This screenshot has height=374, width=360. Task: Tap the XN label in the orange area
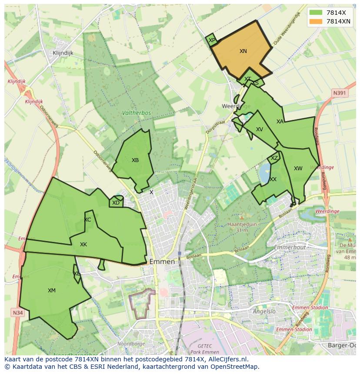pos(243,51)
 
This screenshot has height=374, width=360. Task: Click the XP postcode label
pos(212,40)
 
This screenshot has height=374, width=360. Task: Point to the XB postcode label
pos(135,160)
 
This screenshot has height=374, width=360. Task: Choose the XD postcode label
pos(116,203)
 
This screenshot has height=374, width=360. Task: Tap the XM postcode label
pos(52,291)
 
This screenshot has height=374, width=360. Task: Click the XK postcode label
pos(83,245)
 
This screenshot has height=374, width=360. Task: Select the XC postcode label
pos(87,220)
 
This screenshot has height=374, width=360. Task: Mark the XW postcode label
pos(298,169)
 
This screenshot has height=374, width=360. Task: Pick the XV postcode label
pos(260,129)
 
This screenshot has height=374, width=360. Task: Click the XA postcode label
pos(280,122)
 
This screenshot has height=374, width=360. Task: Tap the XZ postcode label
pos(274,158)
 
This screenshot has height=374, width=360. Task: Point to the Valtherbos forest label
pos(137,113)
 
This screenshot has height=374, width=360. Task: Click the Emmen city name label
pos(162,262)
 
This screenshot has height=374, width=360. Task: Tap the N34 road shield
pos(17,313)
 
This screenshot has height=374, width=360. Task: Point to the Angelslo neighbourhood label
pos(264,311)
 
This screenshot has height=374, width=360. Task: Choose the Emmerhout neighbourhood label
pos(290,248)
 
